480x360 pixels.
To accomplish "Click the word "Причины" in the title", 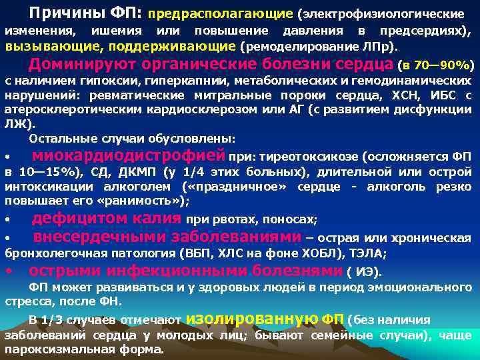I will pos(57,13).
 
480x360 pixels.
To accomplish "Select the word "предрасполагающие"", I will pos(220,13).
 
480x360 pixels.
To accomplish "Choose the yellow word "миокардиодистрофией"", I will pos(129,156).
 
